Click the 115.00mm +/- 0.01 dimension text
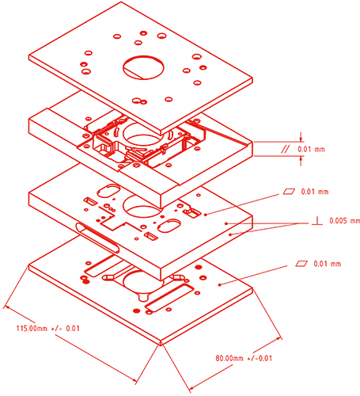coord(47,329)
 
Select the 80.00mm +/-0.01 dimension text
coord(244,358)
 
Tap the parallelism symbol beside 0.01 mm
coord(285,149)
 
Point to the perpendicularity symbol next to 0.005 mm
coord(317,221)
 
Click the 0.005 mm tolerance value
coord(344,221)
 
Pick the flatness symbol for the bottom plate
coord(301,263)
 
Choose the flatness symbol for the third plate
coord(289,191)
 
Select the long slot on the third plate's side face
coord(97,238)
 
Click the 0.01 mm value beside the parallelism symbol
coord(311,149)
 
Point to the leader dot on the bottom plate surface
coord(219,284)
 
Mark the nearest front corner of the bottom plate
coord(161,344)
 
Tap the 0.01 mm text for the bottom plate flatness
coord(328,264)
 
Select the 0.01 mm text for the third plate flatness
coord(315,192)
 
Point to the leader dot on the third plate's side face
coord(230,234)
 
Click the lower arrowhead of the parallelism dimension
coord(301,158)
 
